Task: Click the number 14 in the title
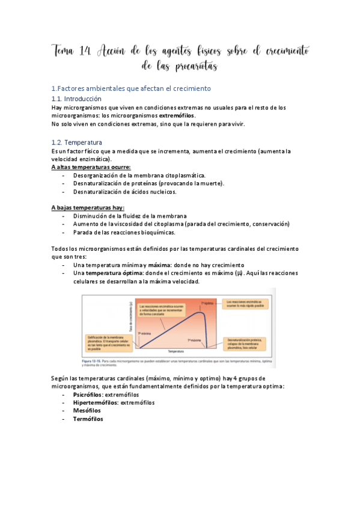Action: point(85,52)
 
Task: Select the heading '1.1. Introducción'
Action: point(76,99)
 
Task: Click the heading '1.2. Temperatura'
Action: point(76,143)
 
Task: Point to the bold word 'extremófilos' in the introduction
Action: point(162,115)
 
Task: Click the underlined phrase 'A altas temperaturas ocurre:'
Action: point(91,167)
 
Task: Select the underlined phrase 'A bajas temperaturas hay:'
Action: point(88,207)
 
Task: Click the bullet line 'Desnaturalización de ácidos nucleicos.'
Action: point(124,192)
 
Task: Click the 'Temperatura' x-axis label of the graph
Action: point(175,351)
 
